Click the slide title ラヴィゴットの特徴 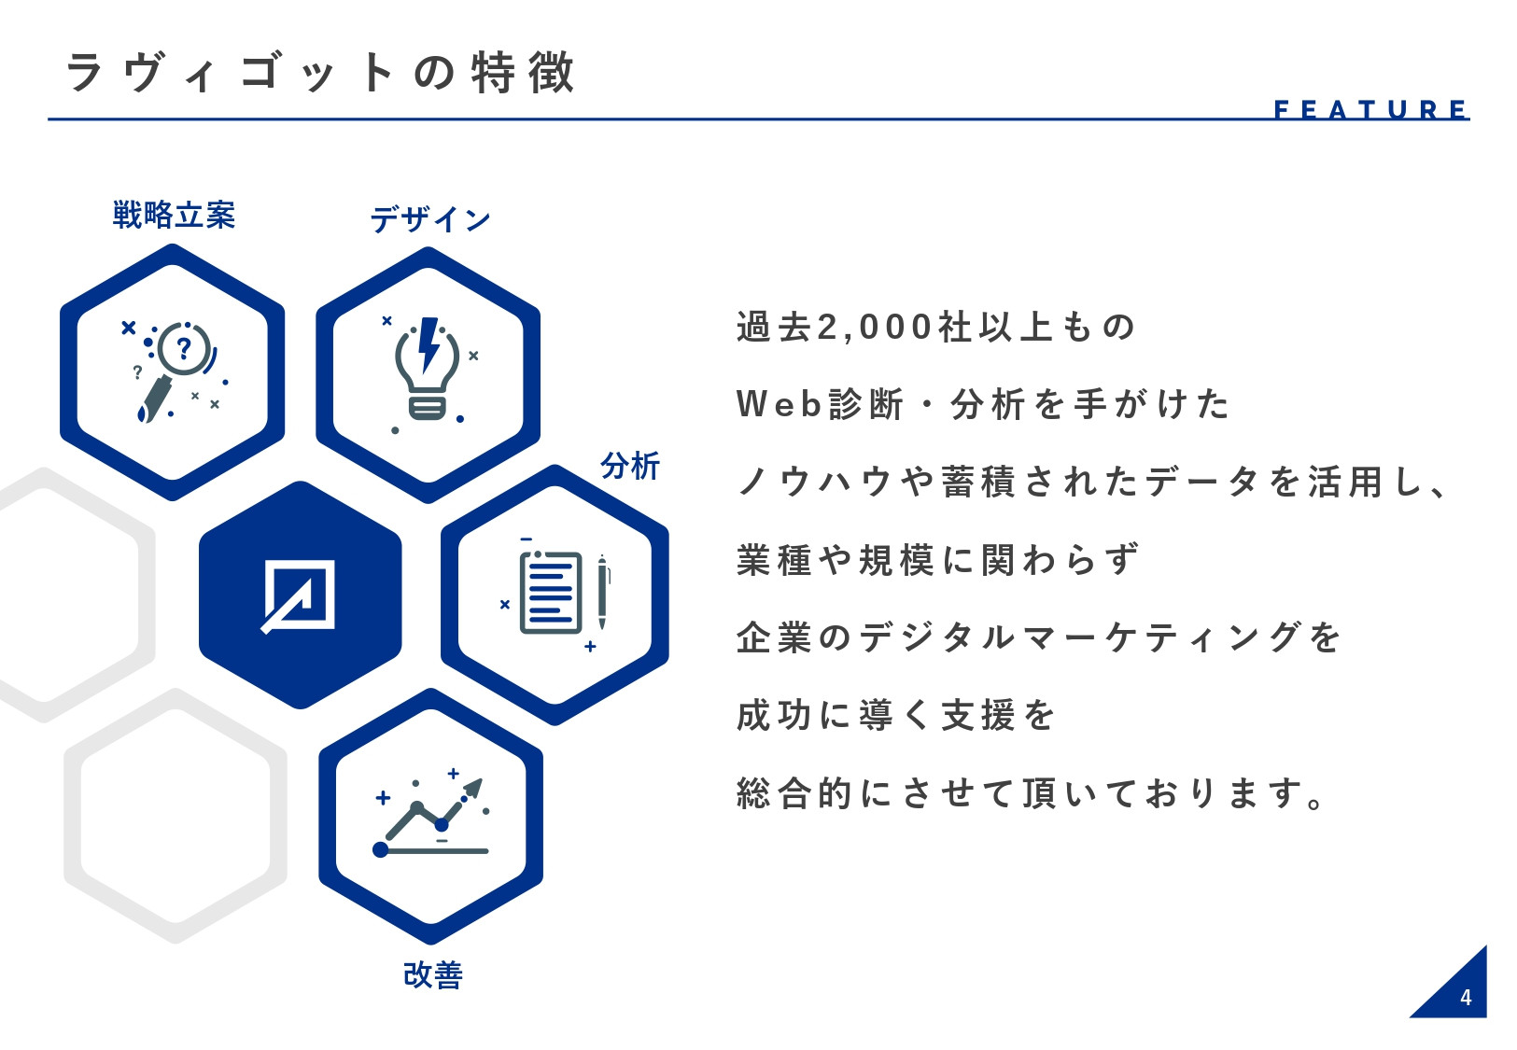319,73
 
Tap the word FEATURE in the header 1370,109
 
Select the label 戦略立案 174,216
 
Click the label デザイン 430,219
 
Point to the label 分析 630,465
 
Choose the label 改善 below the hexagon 432,974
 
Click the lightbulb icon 428,371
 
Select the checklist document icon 551,593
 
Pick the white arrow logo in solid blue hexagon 300,595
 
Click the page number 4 1465,997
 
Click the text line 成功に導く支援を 895,715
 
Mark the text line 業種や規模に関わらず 937,560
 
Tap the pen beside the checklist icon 602,593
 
